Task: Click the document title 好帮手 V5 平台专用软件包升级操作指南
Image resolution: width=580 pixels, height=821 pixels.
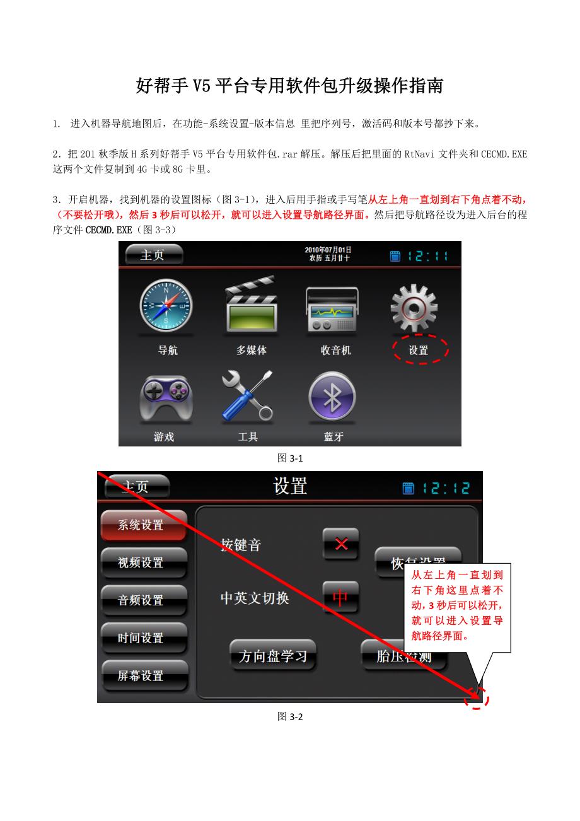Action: [289, 86]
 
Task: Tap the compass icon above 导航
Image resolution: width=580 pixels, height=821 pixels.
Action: [166, 306]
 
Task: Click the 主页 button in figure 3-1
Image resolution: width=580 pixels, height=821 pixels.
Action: [154, 255]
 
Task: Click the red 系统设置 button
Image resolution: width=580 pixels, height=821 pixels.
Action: [143, 525]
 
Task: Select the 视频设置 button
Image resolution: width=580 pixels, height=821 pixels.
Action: [143, 562]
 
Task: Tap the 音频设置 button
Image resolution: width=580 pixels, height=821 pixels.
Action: [143, 600]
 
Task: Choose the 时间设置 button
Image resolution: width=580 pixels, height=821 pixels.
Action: [143, 638]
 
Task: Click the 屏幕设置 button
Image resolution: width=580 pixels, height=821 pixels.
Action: [143, 675]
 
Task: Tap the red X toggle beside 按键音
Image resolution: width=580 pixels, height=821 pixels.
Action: [341, 544]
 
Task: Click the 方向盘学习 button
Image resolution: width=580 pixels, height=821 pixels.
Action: [272, 656]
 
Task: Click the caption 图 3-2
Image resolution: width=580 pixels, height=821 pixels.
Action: [290, 716]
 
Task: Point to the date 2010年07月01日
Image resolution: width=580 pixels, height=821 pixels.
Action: [328, 250]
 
